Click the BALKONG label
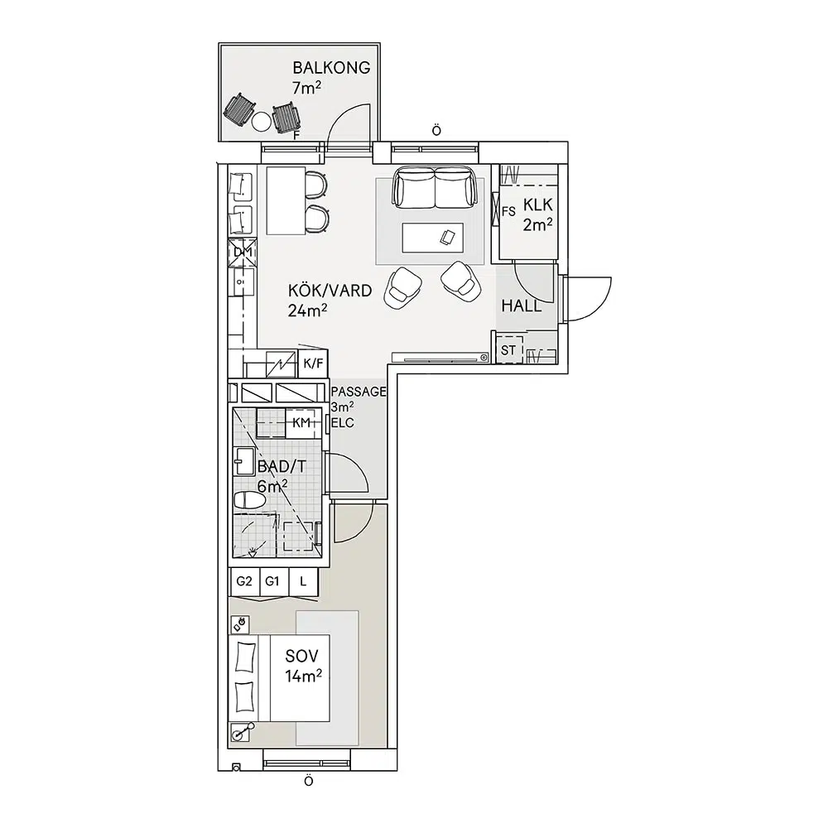[x=331, y=68]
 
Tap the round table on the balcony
[x=262, y=122]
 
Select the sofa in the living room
[x=434, y=187]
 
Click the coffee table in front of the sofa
[x=432, y=238]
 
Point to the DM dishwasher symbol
[x=243, y=253]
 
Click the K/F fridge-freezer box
[x=313, y=363]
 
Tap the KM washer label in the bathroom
[x=301, y=422]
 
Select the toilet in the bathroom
[x=249, y=500]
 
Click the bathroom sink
[x=244, y=461]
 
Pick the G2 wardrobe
[x=244, y=582]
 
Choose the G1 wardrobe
[x=272, y=582]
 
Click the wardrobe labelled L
[x=303, y=582]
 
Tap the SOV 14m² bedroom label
[x=303, y=666]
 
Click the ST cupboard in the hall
[x=508, y=350]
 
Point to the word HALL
[x=521, y=306]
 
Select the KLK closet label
[x=537, y=205]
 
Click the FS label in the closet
[x=508, y=212]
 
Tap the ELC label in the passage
[x=343, y=423]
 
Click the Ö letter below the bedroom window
[x=309, y=781]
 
